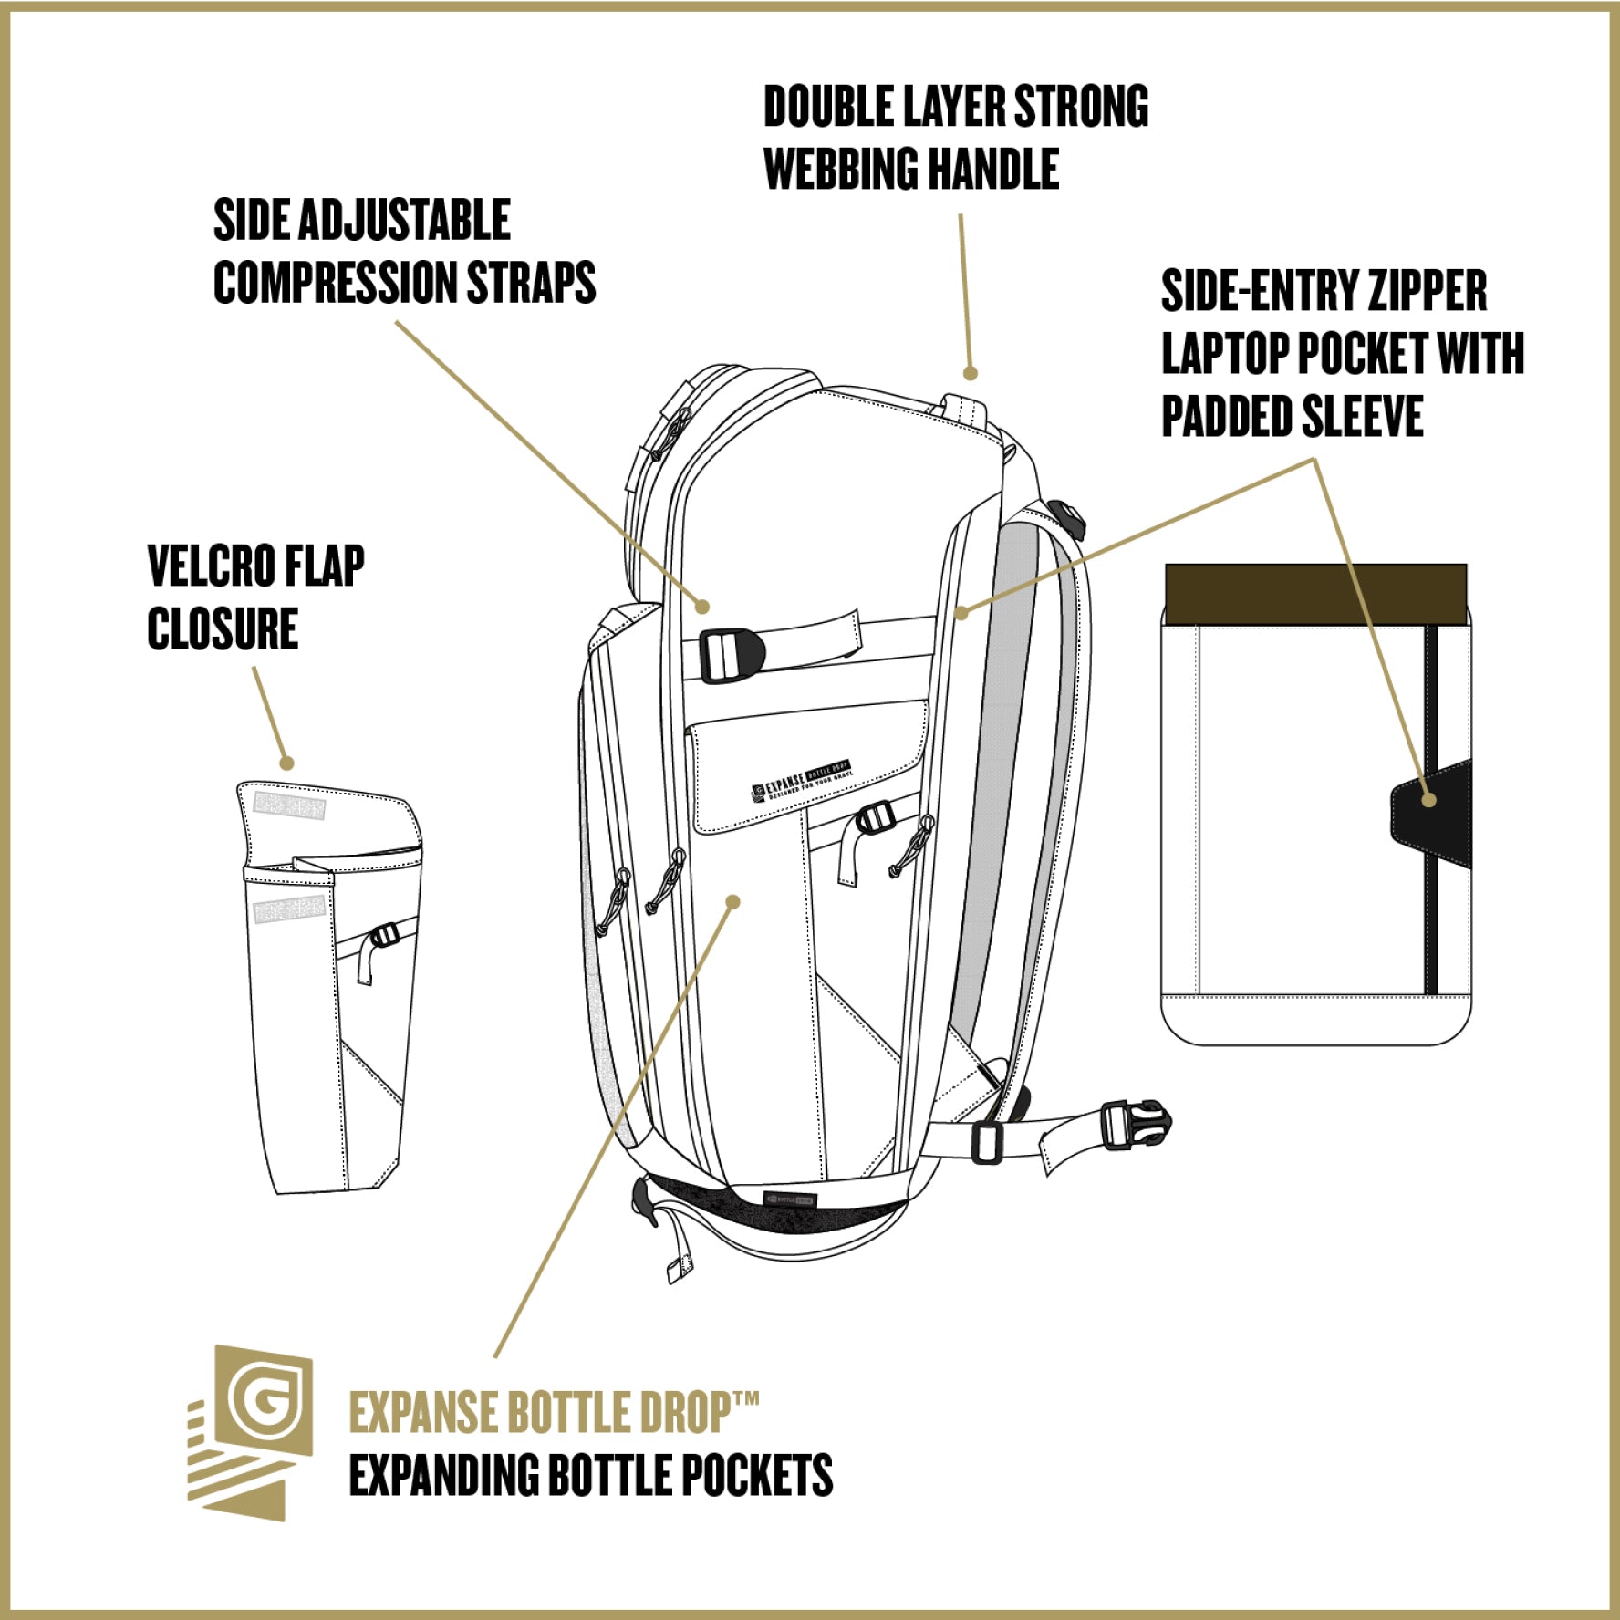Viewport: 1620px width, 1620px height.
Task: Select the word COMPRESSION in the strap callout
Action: click(x=335, y=283)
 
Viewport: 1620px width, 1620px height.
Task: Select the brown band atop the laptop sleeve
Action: click(x=1315, y=593)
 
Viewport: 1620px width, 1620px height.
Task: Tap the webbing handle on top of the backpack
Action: click(x=967, y=410)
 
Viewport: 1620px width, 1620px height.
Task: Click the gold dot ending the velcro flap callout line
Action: click(x=286, y=763)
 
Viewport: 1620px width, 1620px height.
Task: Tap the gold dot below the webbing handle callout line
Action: click(x=971, y=373)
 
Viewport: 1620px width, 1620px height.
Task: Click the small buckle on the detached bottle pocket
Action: click(x=384, y=936)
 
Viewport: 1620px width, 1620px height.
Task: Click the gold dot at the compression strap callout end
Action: click(x=701, y=606)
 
